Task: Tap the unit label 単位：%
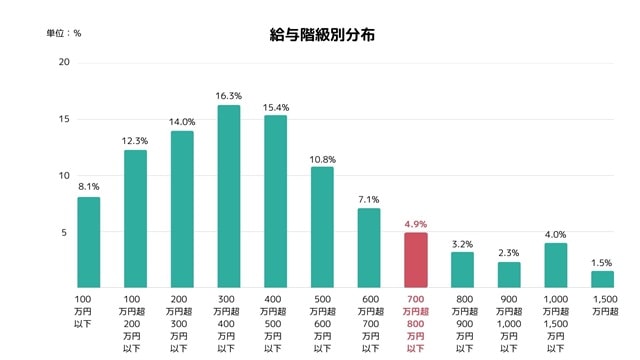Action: click(64, 33)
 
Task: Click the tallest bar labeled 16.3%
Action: click(228, 196)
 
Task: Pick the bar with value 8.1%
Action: click(88, 242)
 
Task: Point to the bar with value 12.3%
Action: click(135, 219)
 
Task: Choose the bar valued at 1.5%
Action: click(602, 279)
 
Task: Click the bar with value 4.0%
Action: click(555, 265)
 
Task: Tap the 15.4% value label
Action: click(275, 106)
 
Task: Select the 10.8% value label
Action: click(322, 158)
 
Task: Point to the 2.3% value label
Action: click(508, 253)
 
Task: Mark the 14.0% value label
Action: click(181, 121)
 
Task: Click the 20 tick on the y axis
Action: click(64, 63)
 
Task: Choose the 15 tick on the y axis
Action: click(64, 119)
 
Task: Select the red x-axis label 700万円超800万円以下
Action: click(415, 323)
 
